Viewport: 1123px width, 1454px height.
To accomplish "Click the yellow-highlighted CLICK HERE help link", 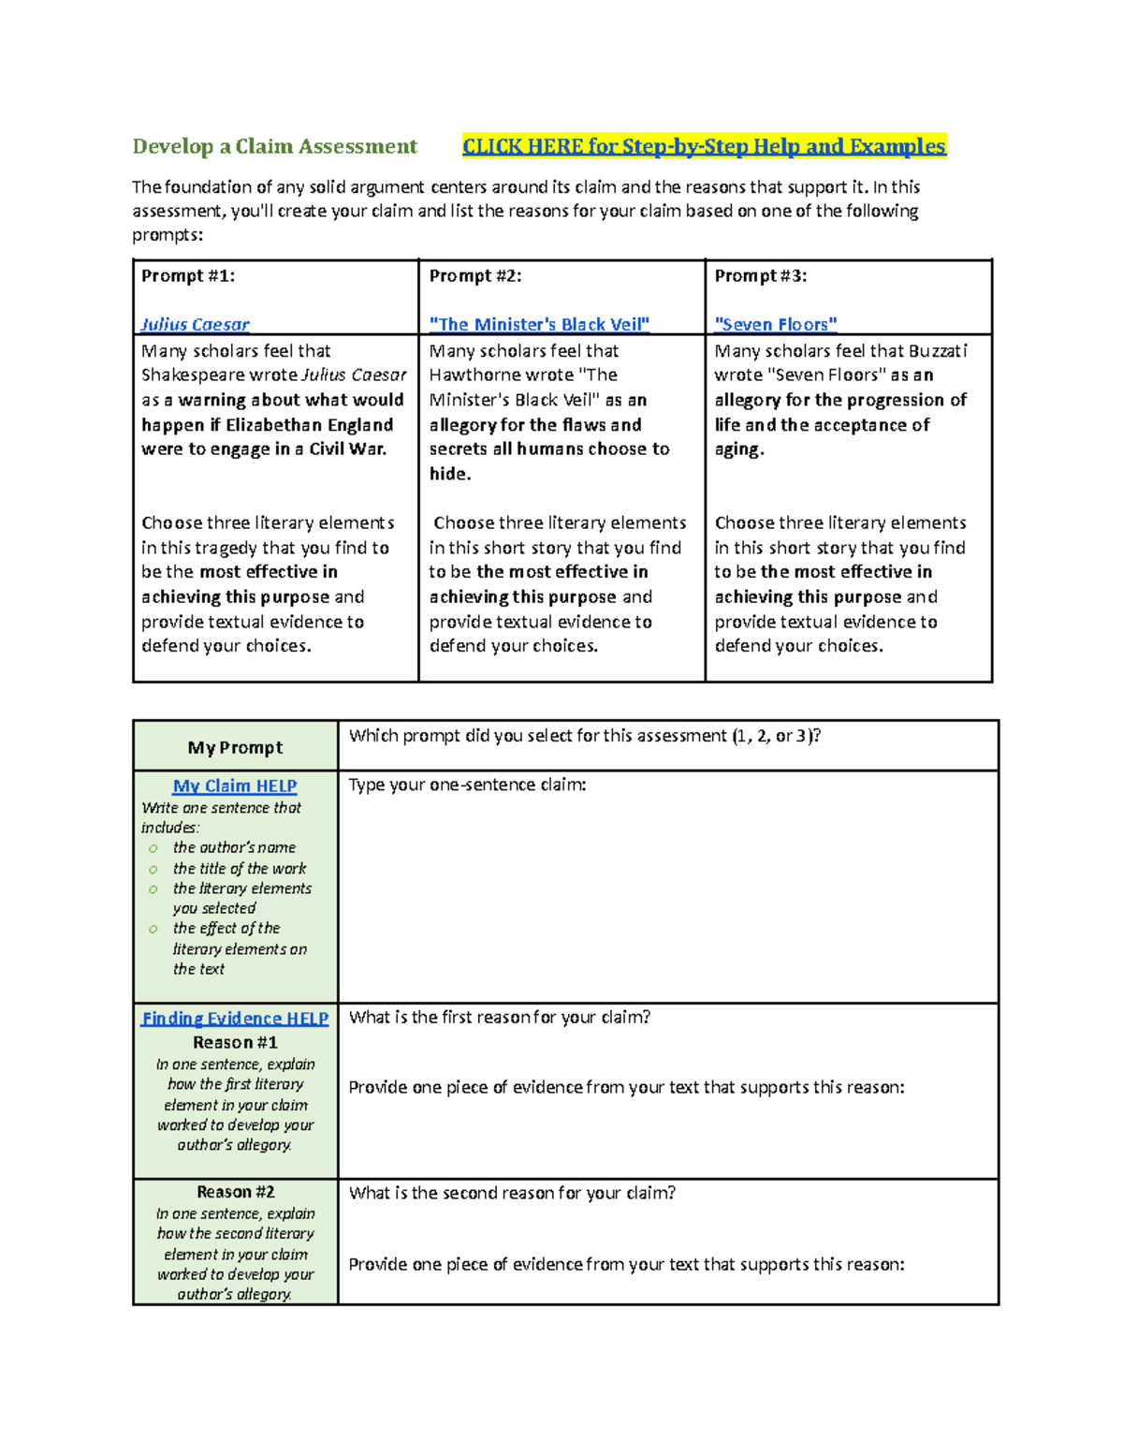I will [704, 146].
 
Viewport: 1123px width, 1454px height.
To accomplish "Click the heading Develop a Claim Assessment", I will [274, 146].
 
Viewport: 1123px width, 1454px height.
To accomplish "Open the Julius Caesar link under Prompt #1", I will [195, 324].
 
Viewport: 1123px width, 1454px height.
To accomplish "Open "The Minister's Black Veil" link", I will [539, 324].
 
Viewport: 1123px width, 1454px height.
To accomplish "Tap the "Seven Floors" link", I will [775, 324].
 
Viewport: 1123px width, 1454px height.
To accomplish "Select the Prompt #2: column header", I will [475, 275].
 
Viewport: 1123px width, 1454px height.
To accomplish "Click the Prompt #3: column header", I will [760, 275].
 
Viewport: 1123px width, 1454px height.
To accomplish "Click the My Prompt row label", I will [235, 747].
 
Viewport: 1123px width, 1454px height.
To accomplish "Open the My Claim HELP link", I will [235, 786].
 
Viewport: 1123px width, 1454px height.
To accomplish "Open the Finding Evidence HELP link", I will [235, 1018].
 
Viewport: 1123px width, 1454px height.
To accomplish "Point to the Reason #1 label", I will [235, 1042].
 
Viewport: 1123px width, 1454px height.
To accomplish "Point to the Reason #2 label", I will [235, 1192].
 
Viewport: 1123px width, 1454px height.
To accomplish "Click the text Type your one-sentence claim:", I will [467, 785].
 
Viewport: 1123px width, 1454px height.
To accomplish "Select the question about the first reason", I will [499, 1017].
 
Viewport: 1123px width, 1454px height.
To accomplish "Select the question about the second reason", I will [512, 1193].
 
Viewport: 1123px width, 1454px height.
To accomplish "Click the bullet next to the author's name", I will [153, 848].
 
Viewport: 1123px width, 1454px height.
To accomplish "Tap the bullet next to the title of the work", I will [153, 870].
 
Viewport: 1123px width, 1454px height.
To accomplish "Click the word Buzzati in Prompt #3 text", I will [938, 350].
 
